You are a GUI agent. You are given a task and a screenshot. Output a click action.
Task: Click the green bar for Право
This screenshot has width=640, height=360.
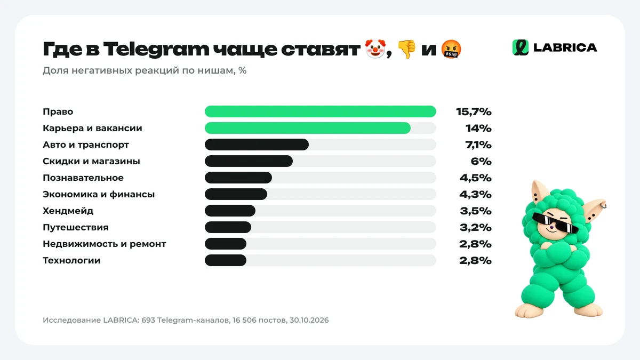click(321, 111)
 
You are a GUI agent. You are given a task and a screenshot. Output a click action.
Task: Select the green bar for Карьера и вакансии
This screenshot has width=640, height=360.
click(308, 128)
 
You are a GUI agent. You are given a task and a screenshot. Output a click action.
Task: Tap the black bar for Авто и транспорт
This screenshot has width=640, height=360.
click(257, 145)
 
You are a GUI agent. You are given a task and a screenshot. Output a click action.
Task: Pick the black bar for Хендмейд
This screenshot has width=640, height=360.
click(230, 211)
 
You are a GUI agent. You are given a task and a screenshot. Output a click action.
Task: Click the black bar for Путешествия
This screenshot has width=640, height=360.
click(228, 227)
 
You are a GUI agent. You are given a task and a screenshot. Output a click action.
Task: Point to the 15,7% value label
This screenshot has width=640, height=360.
click(474, 111)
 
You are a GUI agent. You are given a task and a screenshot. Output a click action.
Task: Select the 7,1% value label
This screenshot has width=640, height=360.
click(478, 145)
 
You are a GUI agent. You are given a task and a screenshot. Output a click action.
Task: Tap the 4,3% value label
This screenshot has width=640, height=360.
click(475, 194)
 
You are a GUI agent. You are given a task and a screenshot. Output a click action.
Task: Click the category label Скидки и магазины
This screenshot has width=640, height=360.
click(91, 162)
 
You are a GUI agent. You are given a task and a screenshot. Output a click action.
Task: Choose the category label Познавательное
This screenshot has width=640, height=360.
click(83, 178)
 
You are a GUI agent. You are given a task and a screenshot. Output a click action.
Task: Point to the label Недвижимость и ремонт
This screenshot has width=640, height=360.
click(105, 244)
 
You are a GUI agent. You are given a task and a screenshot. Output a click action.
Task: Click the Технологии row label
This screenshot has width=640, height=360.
click(71, 261)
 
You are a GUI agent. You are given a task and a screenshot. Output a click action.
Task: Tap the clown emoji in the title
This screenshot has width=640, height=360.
click(375, 49)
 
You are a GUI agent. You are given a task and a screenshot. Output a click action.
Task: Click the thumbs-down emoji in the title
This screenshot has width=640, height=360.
click(407, 49)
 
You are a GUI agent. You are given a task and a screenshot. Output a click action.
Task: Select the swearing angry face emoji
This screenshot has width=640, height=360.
click(451, 49)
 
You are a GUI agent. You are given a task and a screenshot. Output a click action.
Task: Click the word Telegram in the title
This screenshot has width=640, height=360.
click(156, 49)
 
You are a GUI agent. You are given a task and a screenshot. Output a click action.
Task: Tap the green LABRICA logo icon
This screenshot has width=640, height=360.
click(521, 47)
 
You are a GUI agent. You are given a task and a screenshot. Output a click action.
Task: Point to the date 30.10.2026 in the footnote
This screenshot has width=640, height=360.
click(309, 320)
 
